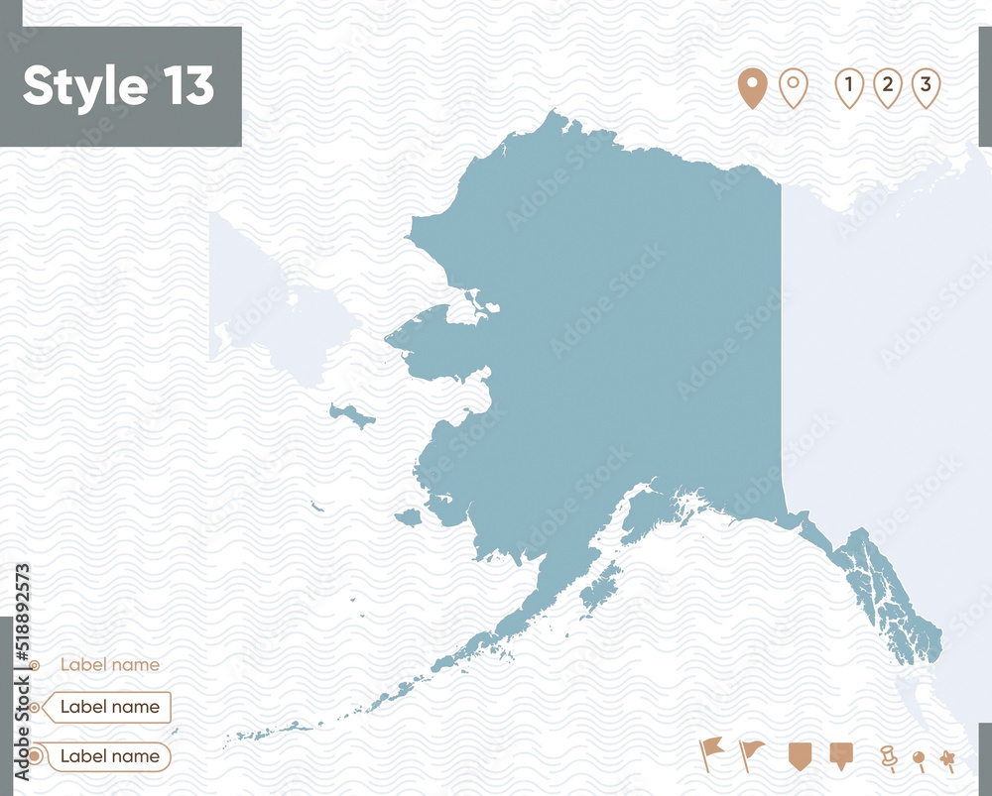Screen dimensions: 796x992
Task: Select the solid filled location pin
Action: point(752,88)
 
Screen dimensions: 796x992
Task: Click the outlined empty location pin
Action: point(793,88)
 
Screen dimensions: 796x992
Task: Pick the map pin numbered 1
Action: point(848,87)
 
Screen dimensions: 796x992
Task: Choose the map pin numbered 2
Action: point(887,87)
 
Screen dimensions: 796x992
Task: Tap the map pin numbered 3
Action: point(926,87)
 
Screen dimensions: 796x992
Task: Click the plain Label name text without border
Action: point(109,665)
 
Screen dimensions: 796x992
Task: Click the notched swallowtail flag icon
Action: point(711,752)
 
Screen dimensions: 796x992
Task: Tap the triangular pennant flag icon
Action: point(752,753)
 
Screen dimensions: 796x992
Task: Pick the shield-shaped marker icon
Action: point(800,754)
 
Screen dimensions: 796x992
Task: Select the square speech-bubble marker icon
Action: point(841,754)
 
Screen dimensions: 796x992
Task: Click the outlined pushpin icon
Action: point(888,757)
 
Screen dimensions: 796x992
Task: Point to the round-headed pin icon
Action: point(919,760)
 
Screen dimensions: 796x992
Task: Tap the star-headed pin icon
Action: point(947,760)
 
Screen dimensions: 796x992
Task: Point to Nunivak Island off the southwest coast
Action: point(408,517)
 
